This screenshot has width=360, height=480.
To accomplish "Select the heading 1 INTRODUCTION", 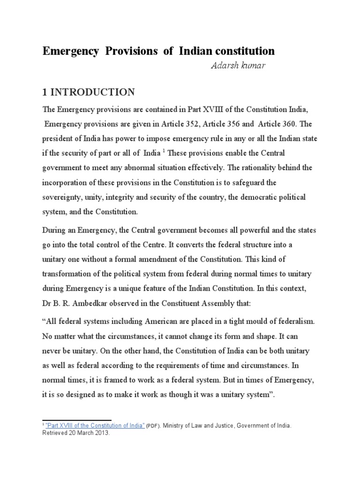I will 89,91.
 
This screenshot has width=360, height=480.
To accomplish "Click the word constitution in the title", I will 244,51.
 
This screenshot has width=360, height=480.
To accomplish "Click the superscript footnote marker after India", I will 163,151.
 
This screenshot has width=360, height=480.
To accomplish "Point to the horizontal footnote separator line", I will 77,420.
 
